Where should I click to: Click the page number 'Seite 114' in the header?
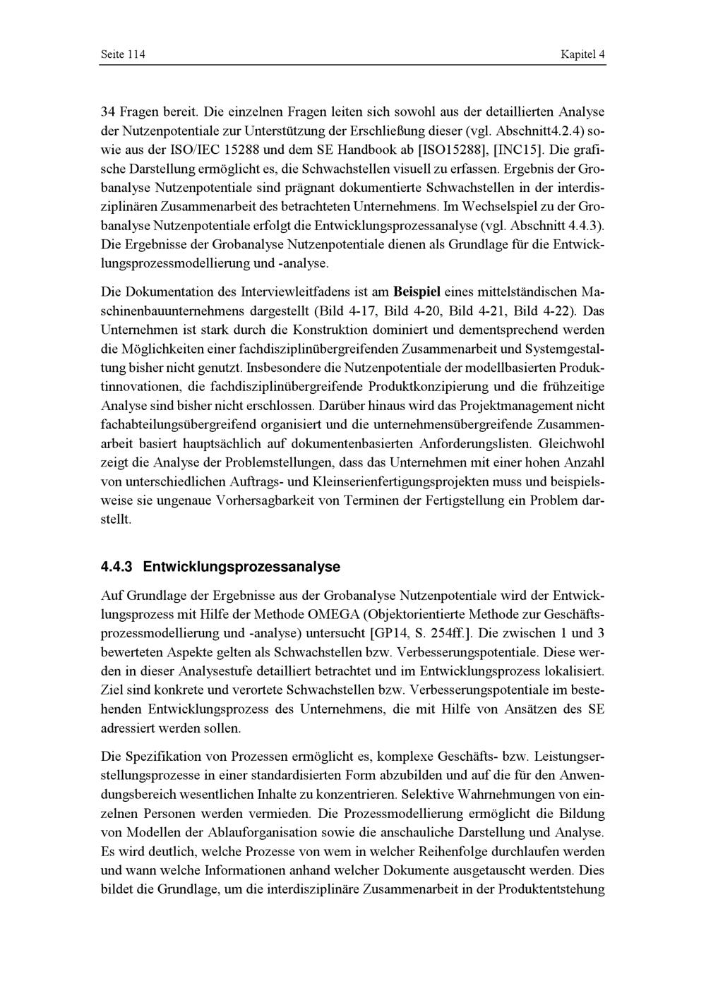pos(123,54)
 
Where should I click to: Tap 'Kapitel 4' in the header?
pos(582,54)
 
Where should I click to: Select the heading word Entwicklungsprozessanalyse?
pos(242,567)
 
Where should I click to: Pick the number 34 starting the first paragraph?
pos(109,112)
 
